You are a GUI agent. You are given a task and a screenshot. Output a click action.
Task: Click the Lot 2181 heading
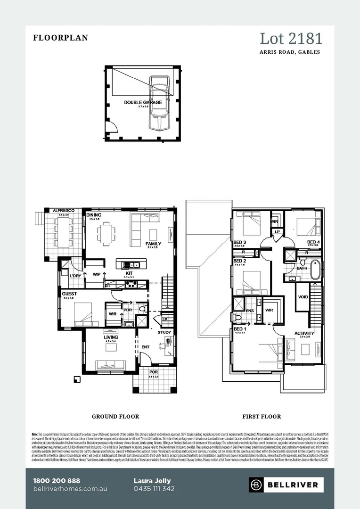[291, 39]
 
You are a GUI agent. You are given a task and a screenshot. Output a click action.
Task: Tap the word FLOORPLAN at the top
[60, 38]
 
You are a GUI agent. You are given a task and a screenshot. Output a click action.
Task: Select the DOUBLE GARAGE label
[143, 102]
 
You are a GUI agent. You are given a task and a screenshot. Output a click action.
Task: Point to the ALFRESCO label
[64, 210]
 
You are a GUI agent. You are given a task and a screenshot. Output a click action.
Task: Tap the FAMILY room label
[154, 244]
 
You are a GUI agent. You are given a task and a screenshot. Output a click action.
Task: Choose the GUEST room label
[69, 294]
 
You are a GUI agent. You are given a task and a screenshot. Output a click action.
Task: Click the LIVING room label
[111, 337]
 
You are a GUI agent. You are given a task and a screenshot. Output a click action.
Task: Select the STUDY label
[164, 332]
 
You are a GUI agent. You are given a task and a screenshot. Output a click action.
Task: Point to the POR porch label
[154, 372]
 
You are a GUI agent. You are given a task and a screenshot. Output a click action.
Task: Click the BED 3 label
[240, 242]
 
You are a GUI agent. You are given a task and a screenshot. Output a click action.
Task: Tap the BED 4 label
[313, 242]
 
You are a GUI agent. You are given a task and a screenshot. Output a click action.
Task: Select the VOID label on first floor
[303, 297]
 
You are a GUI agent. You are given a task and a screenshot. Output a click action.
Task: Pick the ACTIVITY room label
[304, 333]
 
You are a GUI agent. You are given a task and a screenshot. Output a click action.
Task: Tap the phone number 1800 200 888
[57, 481]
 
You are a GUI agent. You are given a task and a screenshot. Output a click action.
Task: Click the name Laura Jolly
[152, 481]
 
